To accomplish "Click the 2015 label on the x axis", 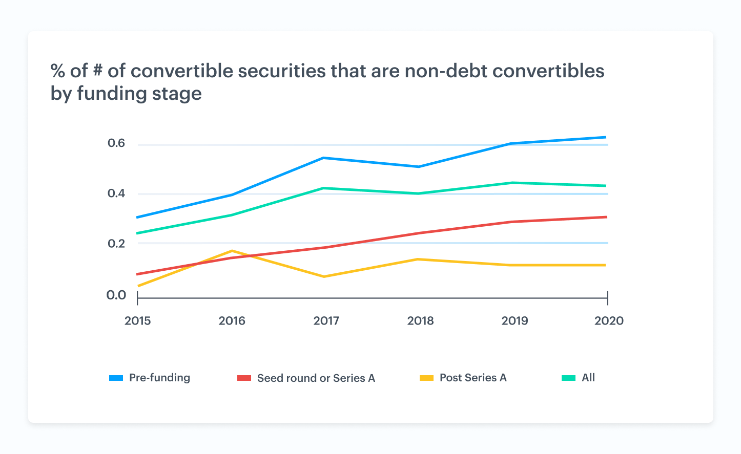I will coord(137,321).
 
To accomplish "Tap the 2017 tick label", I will coord(326,321).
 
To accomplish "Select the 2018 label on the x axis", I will coord(420,321).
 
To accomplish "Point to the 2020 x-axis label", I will coord(609,321).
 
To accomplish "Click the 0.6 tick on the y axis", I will coord(116,143).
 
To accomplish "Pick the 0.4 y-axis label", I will coord(116,193).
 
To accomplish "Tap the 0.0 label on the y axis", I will coord(116,295).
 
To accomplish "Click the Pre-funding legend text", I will coord(159,378).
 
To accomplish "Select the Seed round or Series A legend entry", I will coord(316,378).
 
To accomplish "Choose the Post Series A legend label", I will coord(473,378).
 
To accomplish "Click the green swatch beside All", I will coord(568,378).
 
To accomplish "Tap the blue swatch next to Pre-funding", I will coord(116,378).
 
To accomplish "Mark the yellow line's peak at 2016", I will coord(232,251).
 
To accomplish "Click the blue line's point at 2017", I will coord(324,158).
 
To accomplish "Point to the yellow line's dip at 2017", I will coord(324,277).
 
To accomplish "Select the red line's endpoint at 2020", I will coord(606,217).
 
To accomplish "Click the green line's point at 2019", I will coord(512,183).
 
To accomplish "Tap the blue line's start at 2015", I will coord(137,218).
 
